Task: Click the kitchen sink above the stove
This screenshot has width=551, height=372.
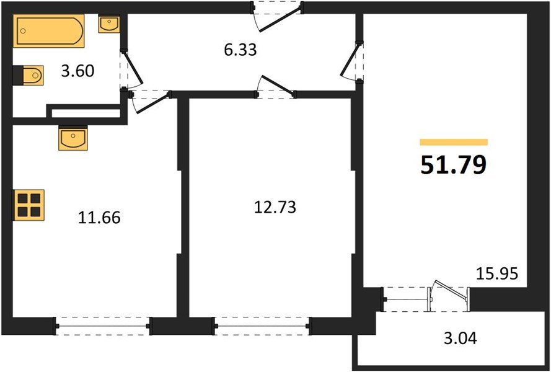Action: tap(73, 138)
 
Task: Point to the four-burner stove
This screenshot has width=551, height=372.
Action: tap(29, 204)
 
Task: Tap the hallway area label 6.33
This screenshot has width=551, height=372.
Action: tap(240, 50)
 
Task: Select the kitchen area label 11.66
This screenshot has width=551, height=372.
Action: tap(99, 218)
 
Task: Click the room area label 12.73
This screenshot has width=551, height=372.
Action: tap(275, 207)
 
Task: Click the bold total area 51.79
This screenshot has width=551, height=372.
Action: tap(453, 166)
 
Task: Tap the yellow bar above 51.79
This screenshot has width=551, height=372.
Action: tap(453, 142)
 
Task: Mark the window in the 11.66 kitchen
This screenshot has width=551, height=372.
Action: tap(103, 325)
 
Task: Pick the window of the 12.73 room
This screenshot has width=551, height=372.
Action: tap(261, 325)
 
